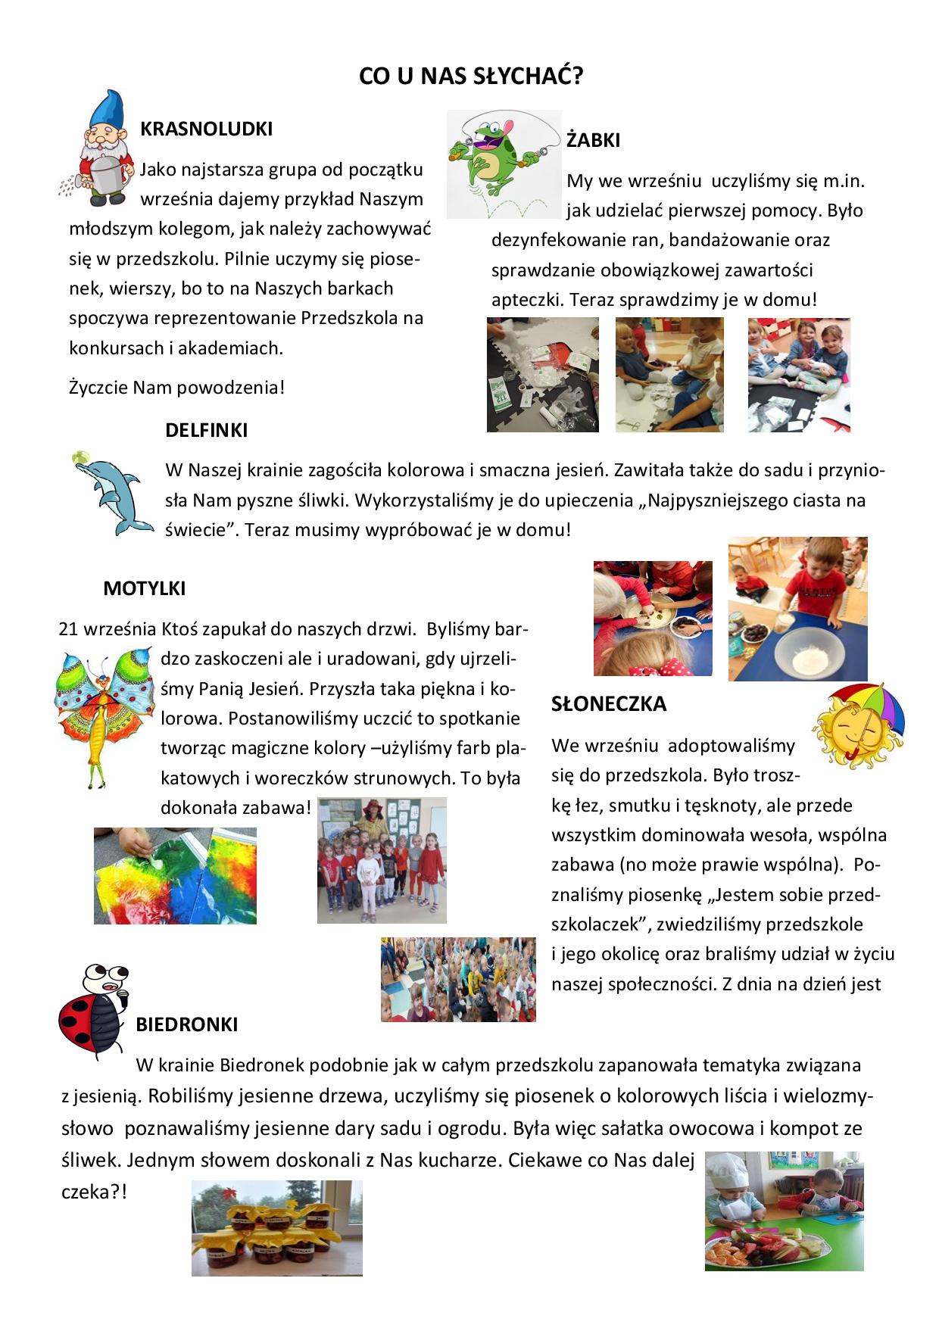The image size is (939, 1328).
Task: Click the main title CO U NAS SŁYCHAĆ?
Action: [x=470, y=76]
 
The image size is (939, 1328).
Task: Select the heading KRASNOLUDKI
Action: [x=206, y=129]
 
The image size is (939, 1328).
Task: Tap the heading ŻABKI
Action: [x=593, y=140]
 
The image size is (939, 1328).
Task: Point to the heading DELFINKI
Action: [x=206, y=430]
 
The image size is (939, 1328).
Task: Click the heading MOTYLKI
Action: [x=144, y=588]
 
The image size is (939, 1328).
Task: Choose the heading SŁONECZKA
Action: [x=609, y=704]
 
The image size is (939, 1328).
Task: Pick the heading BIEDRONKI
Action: [x=186, y=1024]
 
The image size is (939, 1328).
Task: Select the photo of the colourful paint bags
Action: [x=175, y=876]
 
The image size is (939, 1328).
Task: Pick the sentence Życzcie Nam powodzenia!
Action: [x=176, y=388]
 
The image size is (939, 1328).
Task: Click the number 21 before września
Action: [x=68, y=629]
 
